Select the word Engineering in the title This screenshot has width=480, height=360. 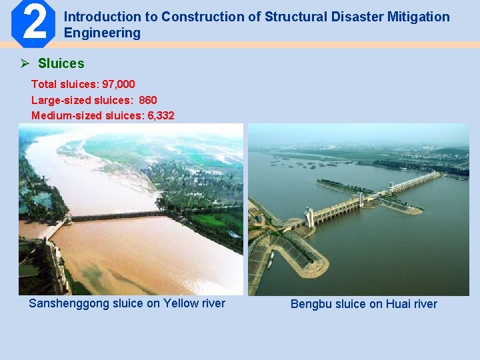102,33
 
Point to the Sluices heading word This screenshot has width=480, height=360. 61,64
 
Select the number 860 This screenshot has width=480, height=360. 147,100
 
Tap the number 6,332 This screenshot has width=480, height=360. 159,115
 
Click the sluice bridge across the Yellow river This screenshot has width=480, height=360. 117,216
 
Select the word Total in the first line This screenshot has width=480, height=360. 43,84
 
